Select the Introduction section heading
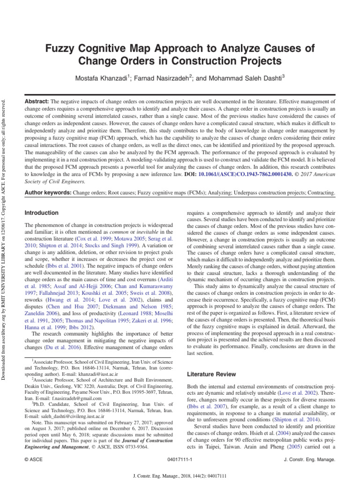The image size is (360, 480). [x=41, y=213]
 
